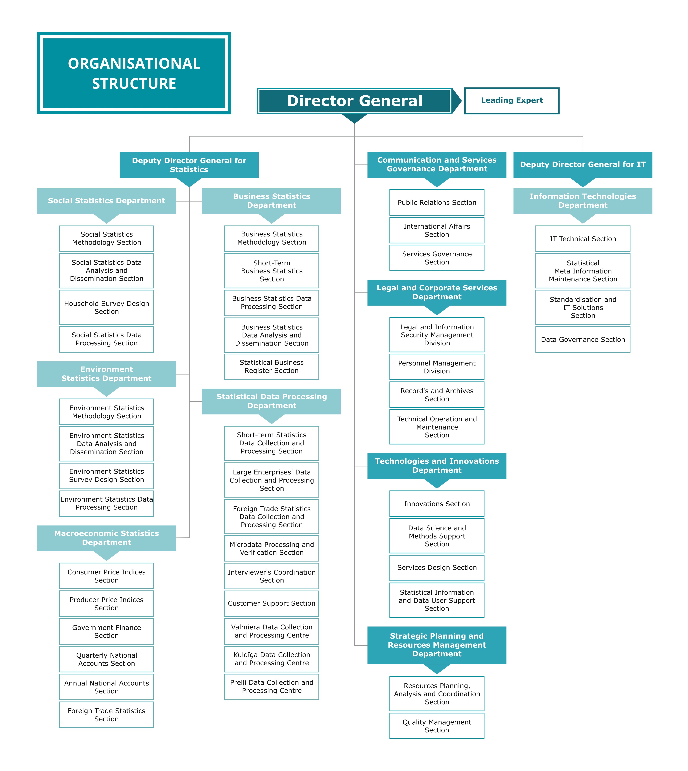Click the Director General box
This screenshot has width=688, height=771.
tap(355, 101)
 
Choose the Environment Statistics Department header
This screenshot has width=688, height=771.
tap(107, 374)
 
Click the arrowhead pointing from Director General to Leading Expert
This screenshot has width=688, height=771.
tap(457, 101)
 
